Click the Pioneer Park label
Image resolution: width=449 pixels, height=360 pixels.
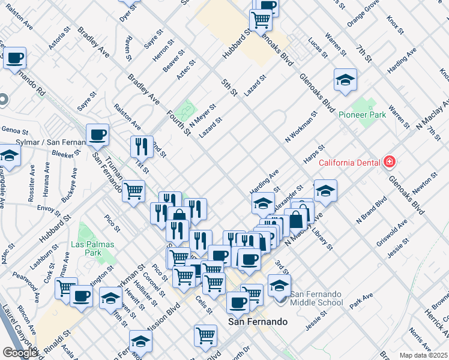click(x=361, y=115)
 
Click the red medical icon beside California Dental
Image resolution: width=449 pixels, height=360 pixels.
click(x=389, y=162)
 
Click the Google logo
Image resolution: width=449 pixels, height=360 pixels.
click(x=20, y=353)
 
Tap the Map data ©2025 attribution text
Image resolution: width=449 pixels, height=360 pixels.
click(x=424, y=355)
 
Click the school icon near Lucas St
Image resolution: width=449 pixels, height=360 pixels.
click(x=345, y=80)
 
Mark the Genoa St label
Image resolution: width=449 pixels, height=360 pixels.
click(x=14, y=130)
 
